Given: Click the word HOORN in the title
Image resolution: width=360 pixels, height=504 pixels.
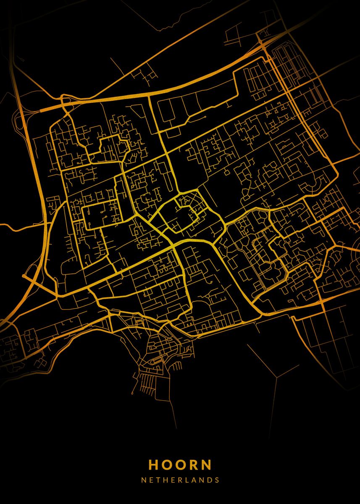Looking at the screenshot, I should click(180, 465).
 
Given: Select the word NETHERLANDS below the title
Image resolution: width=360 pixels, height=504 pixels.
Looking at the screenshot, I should click(180, 480).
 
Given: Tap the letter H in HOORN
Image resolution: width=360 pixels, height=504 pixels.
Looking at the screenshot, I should click(154, 465).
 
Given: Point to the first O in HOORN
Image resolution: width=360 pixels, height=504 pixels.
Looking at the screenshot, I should click(167, 465).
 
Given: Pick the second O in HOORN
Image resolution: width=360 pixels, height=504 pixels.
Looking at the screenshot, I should click(181, 465).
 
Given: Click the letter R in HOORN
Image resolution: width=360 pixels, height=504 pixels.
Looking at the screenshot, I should click(193, 465).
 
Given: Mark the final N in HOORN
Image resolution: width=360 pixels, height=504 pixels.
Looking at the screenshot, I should click(206, 465).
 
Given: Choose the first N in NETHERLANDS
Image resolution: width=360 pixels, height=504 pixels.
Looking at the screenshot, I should click(144, 480).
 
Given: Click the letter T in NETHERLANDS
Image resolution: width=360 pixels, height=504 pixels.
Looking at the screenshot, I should click(158, 480).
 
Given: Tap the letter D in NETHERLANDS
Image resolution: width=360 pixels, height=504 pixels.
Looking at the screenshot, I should click(209, 480).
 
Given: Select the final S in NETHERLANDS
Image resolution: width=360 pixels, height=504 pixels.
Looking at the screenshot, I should click(216, 480).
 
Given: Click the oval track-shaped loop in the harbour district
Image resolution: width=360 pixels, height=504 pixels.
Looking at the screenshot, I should click(156, 361).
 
